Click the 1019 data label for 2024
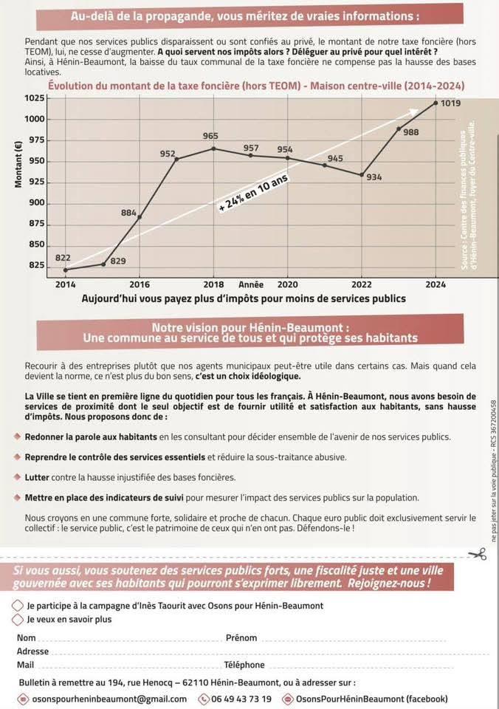(450, 103)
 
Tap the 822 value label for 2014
(63, 257)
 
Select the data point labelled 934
(362, 175)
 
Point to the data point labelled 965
(213, 148)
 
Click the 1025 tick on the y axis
(35, 98)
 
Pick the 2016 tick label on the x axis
(140, 284)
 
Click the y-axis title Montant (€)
(18, 164)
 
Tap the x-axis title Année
(251, 284)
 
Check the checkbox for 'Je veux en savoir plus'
(18, 620)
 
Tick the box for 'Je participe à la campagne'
(18, 606)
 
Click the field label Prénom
(241, 637)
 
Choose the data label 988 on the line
(410, 132)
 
